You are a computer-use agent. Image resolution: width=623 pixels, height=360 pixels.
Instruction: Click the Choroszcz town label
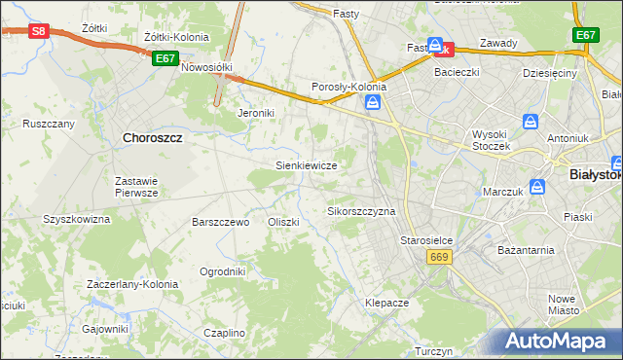click(x=153, y=138)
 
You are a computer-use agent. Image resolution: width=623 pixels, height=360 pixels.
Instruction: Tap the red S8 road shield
click(x=38, y=31)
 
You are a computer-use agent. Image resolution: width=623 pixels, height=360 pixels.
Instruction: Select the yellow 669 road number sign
click(x=438, y=255)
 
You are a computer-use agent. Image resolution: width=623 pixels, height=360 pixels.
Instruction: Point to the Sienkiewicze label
click(x=307, y=165)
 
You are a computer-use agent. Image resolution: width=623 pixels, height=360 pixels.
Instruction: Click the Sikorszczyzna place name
click(x=361, y=210)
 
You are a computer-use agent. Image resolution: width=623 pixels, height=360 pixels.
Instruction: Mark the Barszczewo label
click(x=221, y=222)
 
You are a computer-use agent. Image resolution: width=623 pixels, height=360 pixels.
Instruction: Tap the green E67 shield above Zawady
click(x=585, y=35)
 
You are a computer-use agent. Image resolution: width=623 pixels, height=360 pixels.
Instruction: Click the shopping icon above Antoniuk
click(x=531, y=122)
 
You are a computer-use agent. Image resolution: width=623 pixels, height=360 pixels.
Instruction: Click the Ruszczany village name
click(x=49, y=124)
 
